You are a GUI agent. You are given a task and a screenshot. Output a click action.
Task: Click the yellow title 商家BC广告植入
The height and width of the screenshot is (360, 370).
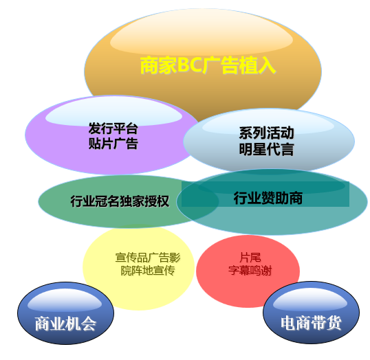pyautogui.click(x=208, y=65)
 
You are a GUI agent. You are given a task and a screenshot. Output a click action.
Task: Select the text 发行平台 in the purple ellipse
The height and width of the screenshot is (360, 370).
pyautogui.click(x=113, y=128)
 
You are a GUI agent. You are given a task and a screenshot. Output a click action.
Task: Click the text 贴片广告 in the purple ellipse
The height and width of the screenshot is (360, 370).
pyautogui.click(x=113, y=144)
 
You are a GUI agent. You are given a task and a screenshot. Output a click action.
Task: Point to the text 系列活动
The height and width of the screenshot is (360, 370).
pyautogui.click(x=266, y=133)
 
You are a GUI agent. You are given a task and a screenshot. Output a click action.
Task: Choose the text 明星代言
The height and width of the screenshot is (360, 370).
pyautogui.click(x=266, y=149)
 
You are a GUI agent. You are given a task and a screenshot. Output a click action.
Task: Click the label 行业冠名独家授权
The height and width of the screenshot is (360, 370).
pyautogui.click(x=120, y=201)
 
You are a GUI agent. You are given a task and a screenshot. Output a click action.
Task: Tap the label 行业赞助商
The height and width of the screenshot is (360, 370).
pyautogui.click(x=268, y=198)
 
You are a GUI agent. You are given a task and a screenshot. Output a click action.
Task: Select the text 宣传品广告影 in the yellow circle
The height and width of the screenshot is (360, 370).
pyautogui.click(x=148, y=258)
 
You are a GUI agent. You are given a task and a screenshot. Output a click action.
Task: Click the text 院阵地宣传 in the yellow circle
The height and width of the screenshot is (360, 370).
pyautogui.click(x=148, y=271)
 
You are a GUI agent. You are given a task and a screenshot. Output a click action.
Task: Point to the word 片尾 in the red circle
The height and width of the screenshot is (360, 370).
pyautogui.click(x=250, y=257)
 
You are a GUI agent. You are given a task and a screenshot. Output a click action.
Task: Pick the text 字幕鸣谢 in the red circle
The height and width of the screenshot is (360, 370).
pyautogui.click(x=250, y=270)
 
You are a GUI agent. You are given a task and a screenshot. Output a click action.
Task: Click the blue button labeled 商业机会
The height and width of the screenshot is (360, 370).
pyautogui.click(x=65, y=313)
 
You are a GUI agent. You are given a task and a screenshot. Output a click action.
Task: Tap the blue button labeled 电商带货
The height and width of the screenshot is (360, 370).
pyautogui.click(x=312, y=312)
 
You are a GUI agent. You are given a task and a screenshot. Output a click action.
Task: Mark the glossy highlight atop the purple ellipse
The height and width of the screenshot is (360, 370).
pyautogui.click(x=113, y=111)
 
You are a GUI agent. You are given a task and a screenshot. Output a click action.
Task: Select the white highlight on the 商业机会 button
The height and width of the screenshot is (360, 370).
pyautogui.click(x=65, y=300)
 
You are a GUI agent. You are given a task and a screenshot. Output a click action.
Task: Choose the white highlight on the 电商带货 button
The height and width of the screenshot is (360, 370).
pyautogui.click(x=310, y=299)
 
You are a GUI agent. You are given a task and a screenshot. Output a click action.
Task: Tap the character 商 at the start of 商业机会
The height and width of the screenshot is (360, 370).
pyautogui.click(x=43, y=324)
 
